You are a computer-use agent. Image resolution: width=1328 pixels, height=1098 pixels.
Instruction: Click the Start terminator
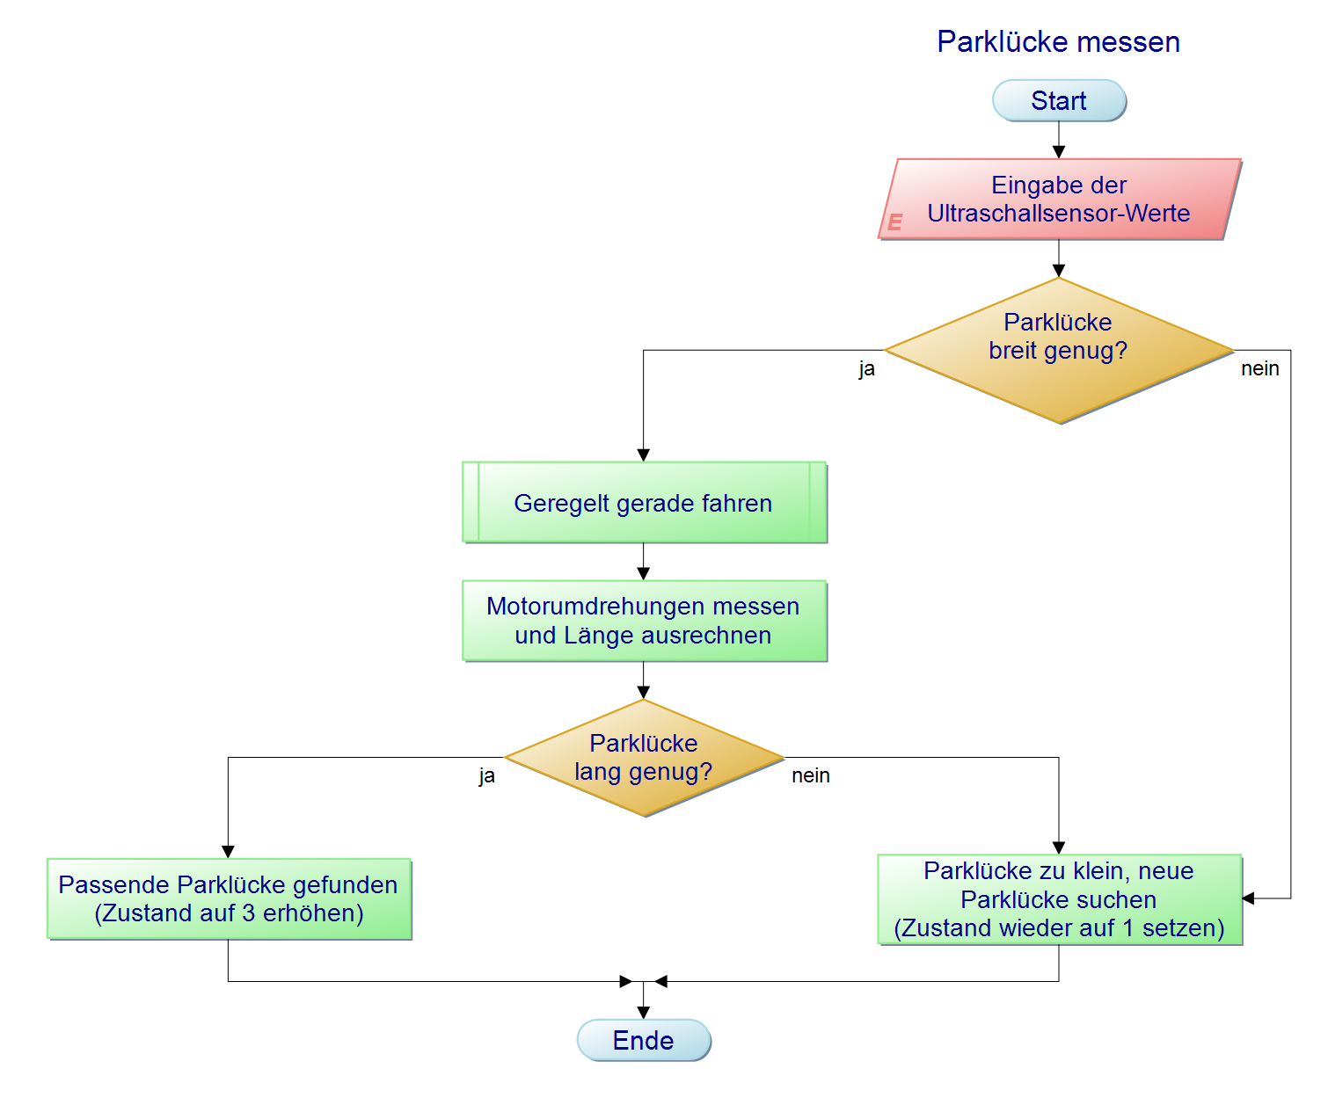[x=1059, y=101]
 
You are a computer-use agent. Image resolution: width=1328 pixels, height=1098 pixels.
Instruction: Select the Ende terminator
[x=644, y=1040]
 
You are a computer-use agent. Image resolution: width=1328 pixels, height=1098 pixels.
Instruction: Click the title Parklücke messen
[x=1058, y=42]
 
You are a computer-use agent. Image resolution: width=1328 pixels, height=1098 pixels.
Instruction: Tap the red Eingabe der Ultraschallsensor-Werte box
[x=1059, y=200]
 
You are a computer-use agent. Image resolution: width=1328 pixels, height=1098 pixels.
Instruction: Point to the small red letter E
[x=895, y=222]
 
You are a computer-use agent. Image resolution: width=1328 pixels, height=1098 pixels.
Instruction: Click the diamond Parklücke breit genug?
[x=1059, y=351]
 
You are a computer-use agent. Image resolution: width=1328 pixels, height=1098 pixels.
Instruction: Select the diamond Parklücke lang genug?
[x=644, y=758]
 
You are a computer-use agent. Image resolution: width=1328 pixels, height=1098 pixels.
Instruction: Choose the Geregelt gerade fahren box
[x=644, y=503]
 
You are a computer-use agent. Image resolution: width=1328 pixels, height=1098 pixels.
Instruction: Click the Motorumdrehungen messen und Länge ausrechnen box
[x=644, y=621]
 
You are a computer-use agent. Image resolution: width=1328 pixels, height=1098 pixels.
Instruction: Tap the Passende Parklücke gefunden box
[x=229, y=898]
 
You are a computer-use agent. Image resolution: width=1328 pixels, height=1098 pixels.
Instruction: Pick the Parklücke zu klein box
[x=1059, y=899]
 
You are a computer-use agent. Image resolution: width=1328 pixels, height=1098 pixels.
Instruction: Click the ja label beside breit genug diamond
[x=867, y=369]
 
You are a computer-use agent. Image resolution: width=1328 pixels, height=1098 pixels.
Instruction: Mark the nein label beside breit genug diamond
[x=1259, y=369]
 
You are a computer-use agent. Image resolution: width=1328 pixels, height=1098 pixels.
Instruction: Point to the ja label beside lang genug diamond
[x=487, y=776]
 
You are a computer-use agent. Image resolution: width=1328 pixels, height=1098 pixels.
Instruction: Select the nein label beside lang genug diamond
[x=810, y=776]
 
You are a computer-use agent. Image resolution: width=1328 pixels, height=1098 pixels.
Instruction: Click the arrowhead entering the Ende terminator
[x=644, y=1013]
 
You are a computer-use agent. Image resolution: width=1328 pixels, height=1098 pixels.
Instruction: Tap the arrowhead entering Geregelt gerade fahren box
[x=644, y=455]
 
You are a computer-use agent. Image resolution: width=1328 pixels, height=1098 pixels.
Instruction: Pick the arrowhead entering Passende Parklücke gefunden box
[x=229, y=852]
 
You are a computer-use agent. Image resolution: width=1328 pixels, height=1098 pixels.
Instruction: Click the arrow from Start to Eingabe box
[x=1059, y=140]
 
